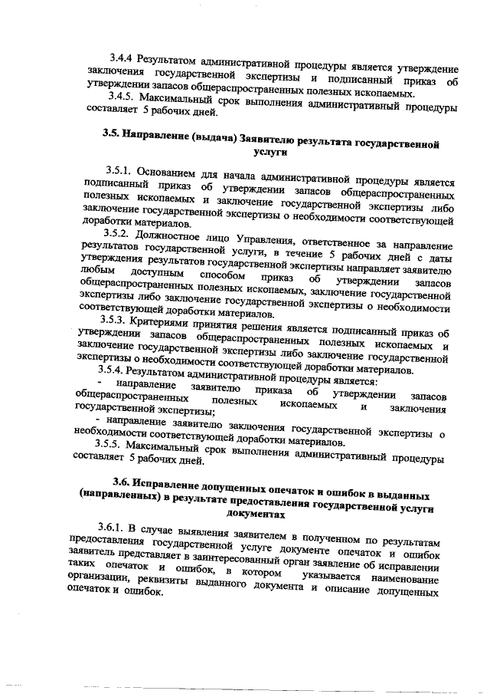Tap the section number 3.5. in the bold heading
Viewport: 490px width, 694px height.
(x=113, y=136)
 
